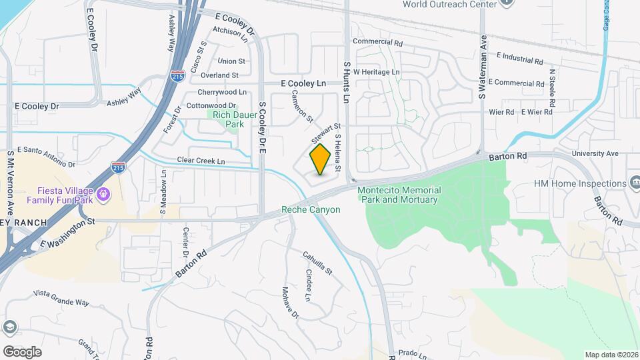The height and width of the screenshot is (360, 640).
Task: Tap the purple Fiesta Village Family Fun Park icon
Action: pos(102,193)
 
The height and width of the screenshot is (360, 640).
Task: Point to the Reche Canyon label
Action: pos(311,209)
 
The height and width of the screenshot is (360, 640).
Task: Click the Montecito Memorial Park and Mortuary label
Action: pos(398,195)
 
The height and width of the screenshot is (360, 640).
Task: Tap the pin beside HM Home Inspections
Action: pos(633,183)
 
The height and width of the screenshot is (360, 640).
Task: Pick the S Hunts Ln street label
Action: pos(346,83)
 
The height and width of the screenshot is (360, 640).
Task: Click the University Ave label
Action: pos(595,153)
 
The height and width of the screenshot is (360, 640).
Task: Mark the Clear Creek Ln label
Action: pos(201,161)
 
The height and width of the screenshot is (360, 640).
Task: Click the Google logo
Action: pos(22,351)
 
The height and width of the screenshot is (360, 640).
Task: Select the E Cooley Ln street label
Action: pos(303,83)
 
